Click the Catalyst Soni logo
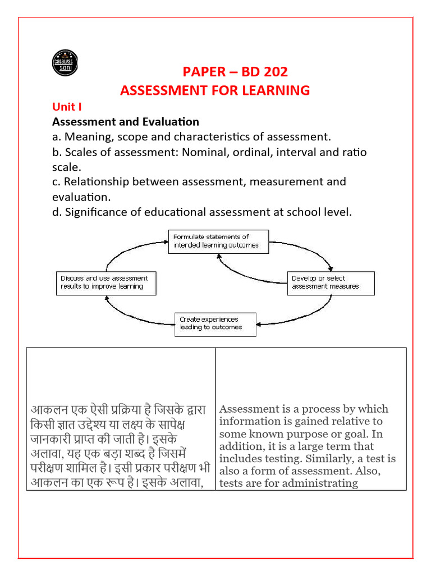pos(65,63)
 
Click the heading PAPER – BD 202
pos(235,72)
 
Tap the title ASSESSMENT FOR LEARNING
pos(215,90)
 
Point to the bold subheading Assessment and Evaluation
pos(126,122)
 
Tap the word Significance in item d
pos(96,212)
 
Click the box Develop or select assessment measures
pos(331,283)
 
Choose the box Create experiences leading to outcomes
pos(215,324)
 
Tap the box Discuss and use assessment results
pos(106,283)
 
